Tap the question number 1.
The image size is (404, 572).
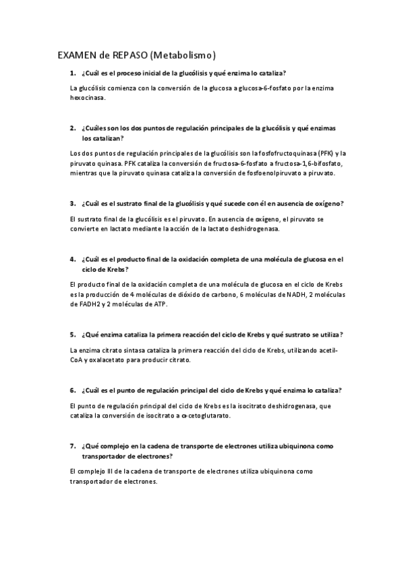click(x=72, y=72)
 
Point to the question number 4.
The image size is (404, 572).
click(x=72, y=258)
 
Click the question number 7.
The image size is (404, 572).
click(x=72, y=446)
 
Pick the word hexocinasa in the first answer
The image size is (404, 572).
click(x=87, y=98)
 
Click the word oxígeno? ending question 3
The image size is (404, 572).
click(x=326, y=203)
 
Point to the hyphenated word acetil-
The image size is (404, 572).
click(x=325, y=351)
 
